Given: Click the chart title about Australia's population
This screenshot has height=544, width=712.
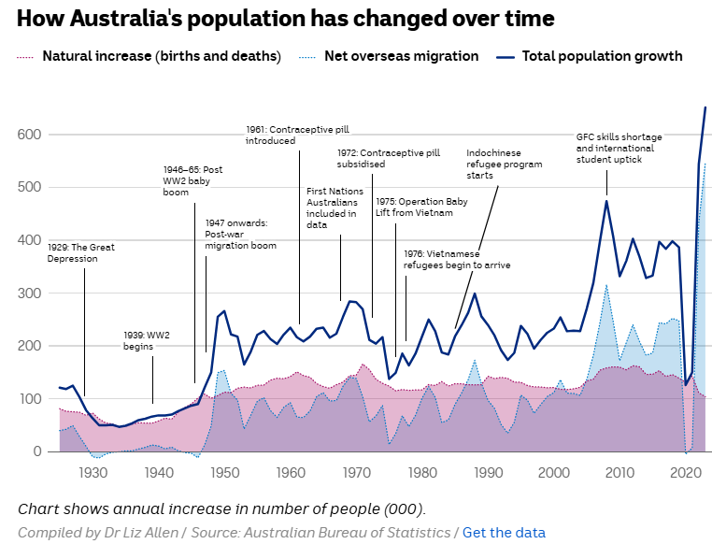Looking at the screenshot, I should point(285,18).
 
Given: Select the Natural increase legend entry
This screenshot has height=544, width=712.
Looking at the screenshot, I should point(162,56).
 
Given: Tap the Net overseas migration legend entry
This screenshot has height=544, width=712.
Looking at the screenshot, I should point(401,56).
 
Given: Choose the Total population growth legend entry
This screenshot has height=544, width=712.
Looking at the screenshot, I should point(602,56).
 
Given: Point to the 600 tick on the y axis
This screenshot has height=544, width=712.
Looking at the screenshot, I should point(31,135).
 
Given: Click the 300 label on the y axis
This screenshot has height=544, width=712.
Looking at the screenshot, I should point(31,293).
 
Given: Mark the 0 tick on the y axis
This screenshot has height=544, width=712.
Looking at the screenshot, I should point(38,451).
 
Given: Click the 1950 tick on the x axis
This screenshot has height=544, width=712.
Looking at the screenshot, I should point(224,473).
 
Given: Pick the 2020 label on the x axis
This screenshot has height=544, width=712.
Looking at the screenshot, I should point(686,473).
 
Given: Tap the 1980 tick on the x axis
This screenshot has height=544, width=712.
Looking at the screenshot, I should point(422,473).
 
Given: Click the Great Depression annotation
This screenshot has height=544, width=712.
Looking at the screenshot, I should point(81,252).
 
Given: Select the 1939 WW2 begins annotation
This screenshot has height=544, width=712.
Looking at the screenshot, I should point(147,340).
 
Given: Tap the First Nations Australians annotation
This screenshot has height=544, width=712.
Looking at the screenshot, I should point(332,208).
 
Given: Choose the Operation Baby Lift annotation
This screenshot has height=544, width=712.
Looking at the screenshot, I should point(414,207).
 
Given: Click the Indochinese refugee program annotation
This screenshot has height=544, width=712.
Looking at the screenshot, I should point(506,165).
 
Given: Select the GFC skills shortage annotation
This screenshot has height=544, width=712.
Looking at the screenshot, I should point(615,148).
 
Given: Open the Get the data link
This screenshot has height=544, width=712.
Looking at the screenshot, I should point(504,532).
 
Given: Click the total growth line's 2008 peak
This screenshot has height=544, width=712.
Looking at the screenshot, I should point(606,201).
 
